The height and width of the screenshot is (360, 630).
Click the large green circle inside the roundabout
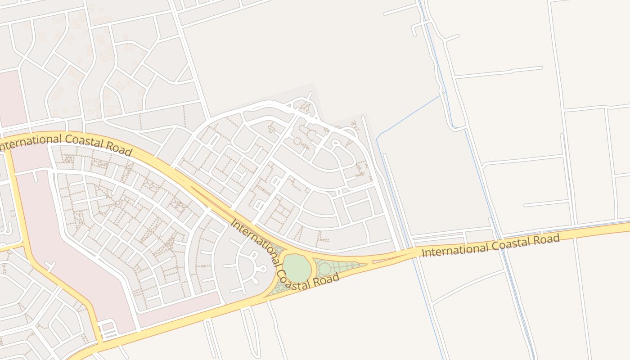point(297,269)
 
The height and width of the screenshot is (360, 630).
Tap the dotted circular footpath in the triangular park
point(324,269)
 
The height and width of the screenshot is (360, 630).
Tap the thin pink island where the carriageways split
point(382,260)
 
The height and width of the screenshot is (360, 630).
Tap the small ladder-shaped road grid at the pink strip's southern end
point(108,330)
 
